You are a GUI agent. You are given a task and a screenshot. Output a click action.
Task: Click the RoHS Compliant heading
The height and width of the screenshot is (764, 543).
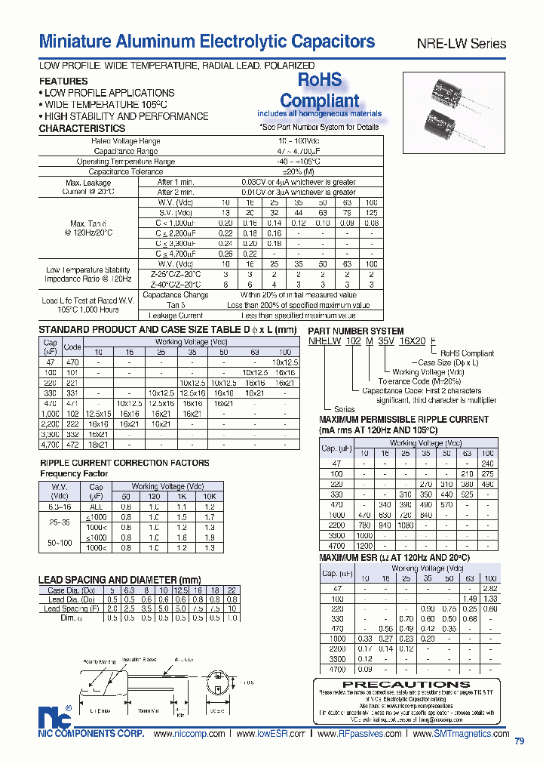[x=319, y=90]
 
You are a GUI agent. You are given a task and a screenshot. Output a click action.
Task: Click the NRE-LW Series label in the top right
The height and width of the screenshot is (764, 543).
[x=462, y=44]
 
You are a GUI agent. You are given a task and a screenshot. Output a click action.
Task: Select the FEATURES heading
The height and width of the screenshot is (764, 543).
[x=63, y=81]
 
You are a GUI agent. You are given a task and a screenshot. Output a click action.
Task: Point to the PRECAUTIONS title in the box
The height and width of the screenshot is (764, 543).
[x=407, y=685]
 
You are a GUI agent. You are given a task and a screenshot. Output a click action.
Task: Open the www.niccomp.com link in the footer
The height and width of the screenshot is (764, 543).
[x=189, y=734]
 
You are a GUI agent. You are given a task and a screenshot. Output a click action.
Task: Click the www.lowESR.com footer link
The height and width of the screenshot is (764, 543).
[x=271, y=734]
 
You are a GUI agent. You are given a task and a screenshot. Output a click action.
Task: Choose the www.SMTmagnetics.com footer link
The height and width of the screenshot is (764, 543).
[x=462, y=734]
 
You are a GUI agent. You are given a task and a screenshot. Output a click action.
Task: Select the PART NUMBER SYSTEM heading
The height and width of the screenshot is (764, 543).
[x=356, y=331]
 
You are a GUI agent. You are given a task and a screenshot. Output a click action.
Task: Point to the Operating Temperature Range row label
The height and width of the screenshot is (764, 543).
[x=125, y=162]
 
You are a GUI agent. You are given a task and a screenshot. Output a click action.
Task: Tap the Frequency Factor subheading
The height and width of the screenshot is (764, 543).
[x=74, y=474]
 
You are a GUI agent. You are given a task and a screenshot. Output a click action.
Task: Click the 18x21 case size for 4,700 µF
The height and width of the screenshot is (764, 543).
[x=98, y=445]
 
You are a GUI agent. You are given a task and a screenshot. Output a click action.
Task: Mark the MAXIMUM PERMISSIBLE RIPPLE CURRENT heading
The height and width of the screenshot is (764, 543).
[x=404, y=419]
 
